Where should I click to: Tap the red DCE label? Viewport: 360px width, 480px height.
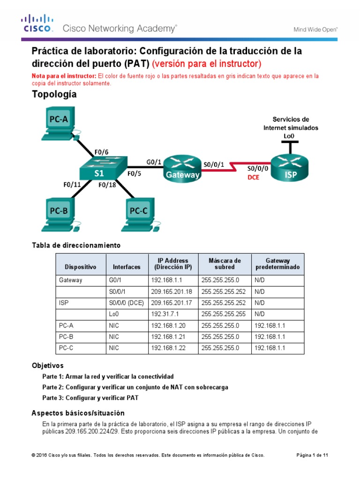(x=253, y=178)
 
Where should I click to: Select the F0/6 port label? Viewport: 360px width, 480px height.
(x=101, y=152)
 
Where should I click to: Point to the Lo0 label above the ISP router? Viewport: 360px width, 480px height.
(x=289, y=136)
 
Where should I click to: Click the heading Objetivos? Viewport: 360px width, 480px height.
(x=47, y=365)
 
